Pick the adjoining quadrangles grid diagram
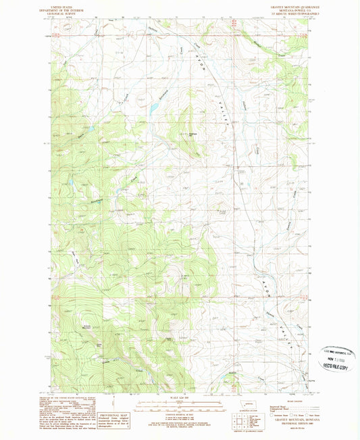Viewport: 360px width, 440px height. [x=242, y=424]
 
